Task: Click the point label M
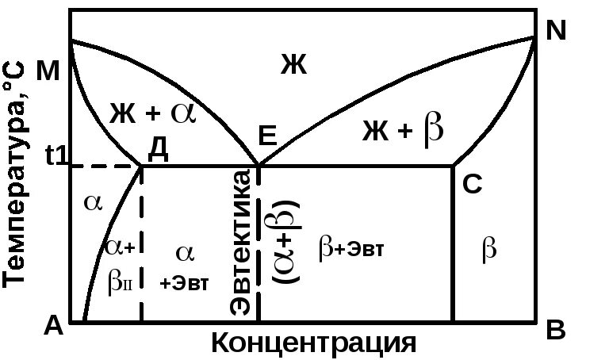48,72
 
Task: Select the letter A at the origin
53,324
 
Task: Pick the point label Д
158,148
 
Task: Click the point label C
472,184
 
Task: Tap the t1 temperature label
57,157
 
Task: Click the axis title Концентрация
313,343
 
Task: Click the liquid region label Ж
293,65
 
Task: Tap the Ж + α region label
151,114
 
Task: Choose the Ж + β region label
403,130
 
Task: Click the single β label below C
489,249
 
